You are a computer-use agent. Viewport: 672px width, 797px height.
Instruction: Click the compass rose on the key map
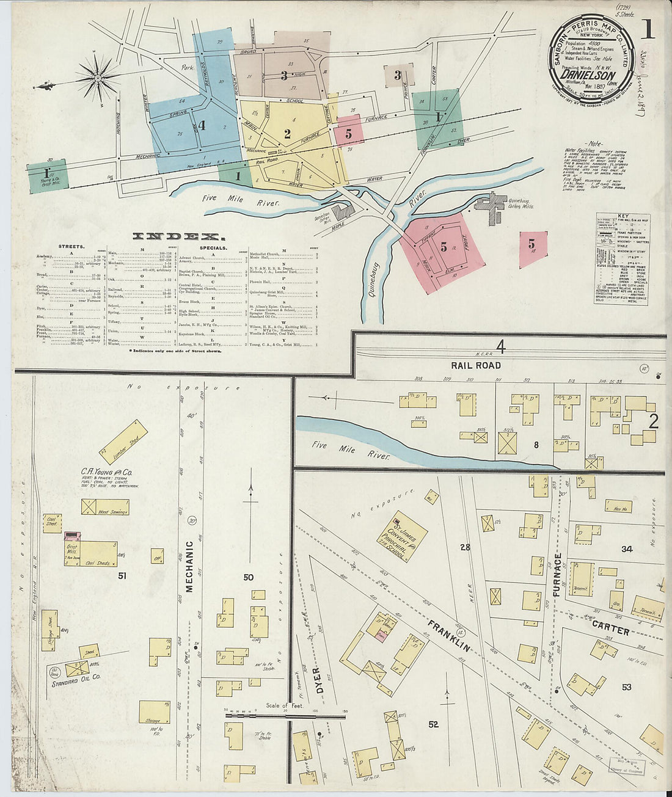(x=98, y=78)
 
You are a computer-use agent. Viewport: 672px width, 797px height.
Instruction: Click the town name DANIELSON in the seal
(x=588, y=76)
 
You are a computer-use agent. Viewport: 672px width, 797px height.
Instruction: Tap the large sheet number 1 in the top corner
(x=647, y=30)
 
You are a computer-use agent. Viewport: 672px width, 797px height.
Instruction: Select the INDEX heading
(x=175, y=236)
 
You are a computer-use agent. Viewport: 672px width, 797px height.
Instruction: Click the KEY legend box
(x=621, y=259)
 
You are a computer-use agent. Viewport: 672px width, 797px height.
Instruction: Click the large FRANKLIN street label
(x=449, y=635)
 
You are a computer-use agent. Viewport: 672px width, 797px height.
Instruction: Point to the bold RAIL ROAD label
(x=476, y=365)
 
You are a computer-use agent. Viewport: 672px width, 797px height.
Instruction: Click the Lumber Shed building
(x=123, y=442)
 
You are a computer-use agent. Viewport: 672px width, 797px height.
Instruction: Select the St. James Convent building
(x=401, y=536)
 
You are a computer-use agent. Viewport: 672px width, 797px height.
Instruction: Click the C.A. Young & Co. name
(x=107, y=471)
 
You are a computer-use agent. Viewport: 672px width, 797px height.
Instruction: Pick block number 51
(x=122, y=575)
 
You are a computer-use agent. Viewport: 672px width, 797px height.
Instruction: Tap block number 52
(x=433, y=724)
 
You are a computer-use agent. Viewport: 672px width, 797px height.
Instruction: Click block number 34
(x=626, y=549)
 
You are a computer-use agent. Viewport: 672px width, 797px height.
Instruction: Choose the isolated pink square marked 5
(x=533, y=249)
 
